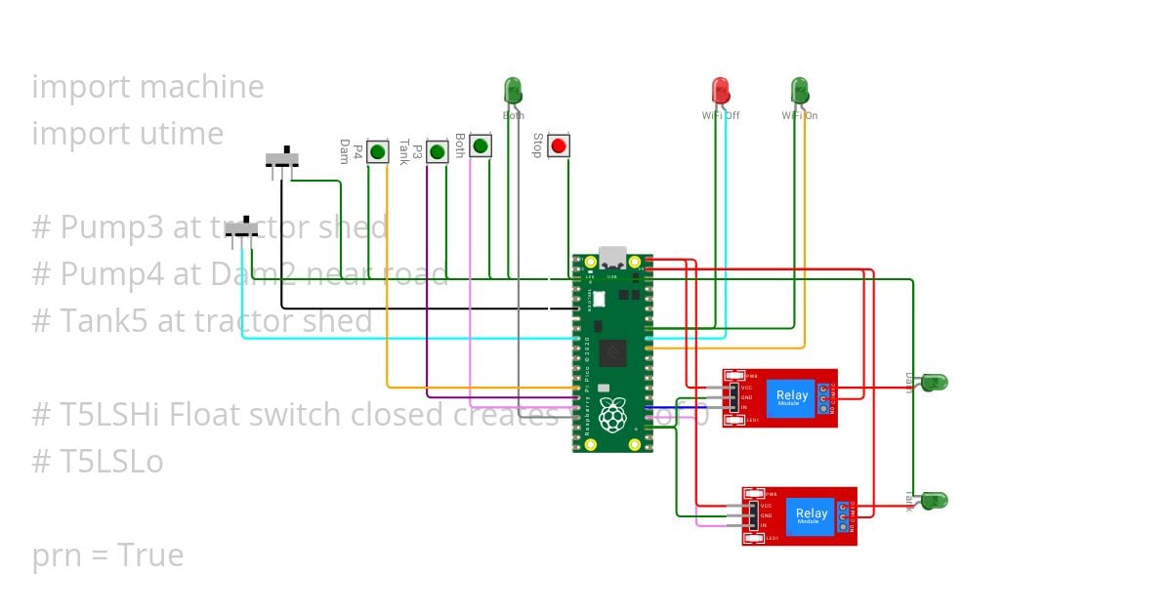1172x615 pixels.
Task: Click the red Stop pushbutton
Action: [558, 146]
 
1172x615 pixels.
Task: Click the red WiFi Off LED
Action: [721, 91]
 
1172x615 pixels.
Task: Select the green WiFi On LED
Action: [799, 91]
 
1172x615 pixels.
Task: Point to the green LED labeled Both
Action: [513, 91]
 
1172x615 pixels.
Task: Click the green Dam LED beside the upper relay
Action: [934, 382]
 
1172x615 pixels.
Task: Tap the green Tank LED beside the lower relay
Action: [935, 500]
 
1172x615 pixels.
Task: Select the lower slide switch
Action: [241, 227]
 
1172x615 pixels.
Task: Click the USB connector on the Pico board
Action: [612, 258]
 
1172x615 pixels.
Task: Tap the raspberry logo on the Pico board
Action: [612, 414]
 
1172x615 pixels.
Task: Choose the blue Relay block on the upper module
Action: [791, 397]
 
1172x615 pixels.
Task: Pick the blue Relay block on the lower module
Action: [811, 515]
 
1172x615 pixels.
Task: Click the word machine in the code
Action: [204, 87]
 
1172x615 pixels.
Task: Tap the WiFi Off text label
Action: [721, 116]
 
